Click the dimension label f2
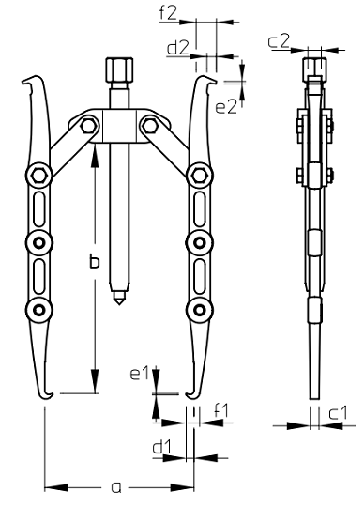coord(168,13)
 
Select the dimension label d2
coord(177,49)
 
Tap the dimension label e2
coord(226,107)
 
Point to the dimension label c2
coord(279,41)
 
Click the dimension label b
coord(95,262)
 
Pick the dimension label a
coord(116,487)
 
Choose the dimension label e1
coord(139,374)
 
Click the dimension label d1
coord(161,448)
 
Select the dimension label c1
coord(338,413)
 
